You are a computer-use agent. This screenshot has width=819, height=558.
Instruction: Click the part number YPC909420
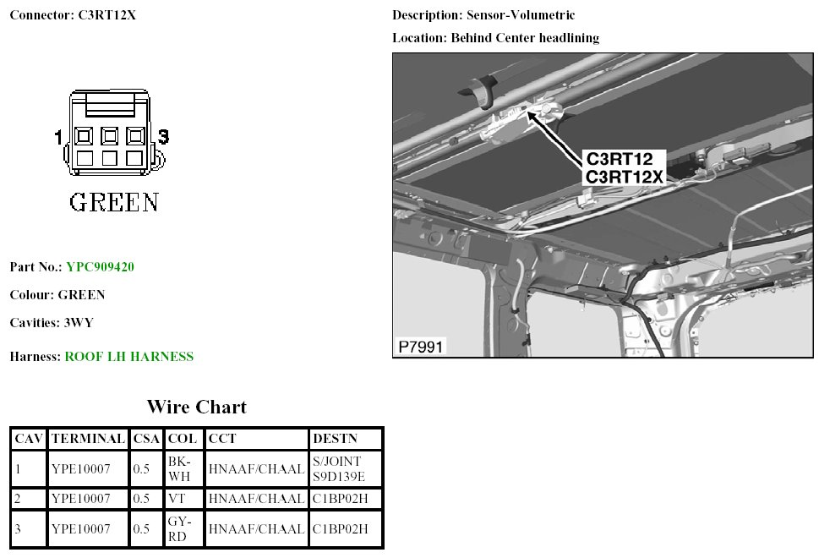coord(100,267)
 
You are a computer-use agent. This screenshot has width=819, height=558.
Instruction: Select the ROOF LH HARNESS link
coord(128,357)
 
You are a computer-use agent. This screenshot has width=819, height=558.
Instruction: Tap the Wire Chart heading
coord(196,408)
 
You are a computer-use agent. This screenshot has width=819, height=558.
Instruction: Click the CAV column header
coord(29,439)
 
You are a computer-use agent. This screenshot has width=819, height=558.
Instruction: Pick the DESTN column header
coord(335,439)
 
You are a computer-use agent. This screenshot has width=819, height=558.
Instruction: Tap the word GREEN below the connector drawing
coord(113,203)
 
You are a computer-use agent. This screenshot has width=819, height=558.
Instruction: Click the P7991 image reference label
coord(420,347)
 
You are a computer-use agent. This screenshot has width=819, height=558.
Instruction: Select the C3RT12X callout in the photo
coord(625,177)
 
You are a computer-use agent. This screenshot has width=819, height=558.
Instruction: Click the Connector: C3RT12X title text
coord(73,16)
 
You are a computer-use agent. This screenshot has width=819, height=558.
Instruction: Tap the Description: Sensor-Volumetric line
coord(483,16)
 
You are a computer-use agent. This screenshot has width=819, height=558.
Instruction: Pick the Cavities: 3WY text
coord(46,323)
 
